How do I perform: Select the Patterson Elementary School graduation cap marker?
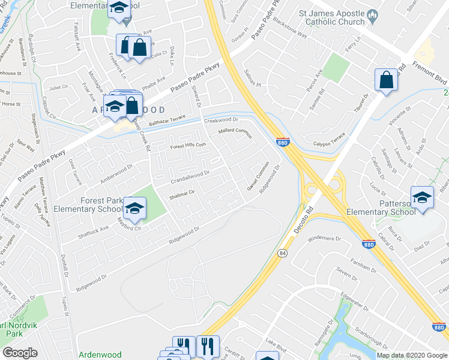coord(422,197)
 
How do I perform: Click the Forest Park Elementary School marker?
coord(134,208)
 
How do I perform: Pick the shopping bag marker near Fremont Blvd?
coord(386,80)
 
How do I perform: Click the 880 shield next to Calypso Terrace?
coord(284,142)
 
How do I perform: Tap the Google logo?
coord(20,353)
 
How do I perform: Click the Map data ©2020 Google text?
coord(412,355)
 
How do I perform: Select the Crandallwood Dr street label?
coord(189,174)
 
